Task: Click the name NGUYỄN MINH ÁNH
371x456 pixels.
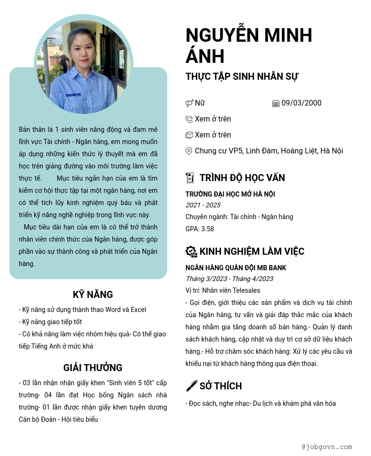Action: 249,46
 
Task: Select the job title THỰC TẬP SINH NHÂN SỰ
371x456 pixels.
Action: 242,76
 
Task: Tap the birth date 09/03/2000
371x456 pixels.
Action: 301,103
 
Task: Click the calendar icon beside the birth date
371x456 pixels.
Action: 276,104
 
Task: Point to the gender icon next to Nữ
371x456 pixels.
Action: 189,104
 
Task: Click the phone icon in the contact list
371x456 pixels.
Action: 189,119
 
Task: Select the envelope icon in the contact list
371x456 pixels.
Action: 189,135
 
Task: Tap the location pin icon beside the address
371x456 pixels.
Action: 189,151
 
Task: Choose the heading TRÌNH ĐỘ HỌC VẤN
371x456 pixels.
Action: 242,178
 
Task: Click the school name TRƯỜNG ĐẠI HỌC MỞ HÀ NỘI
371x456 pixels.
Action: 230,194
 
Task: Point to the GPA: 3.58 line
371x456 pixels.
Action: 200,229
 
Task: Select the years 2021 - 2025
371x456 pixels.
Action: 203,205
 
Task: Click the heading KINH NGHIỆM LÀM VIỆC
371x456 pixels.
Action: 252,251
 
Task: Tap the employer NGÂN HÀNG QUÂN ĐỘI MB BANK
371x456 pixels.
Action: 236,268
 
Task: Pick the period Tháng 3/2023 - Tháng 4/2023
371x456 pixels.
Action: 229,279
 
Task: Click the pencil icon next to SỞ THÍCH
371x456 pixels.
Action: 192,386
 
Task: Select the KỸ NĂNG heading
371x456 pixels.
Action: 93,295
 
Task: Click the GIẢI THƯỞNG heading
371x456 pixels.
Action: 93,368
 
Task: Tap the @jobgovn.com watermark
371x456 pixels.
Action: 327,447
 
